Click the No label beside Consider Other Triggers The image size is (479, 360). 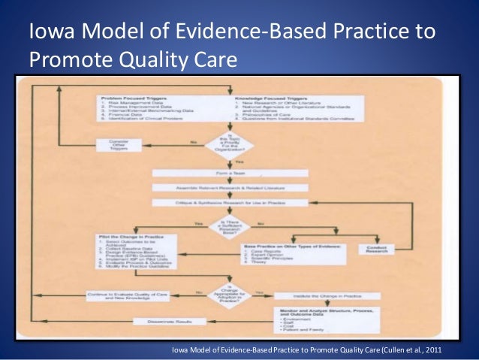[x=193, y=141]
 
